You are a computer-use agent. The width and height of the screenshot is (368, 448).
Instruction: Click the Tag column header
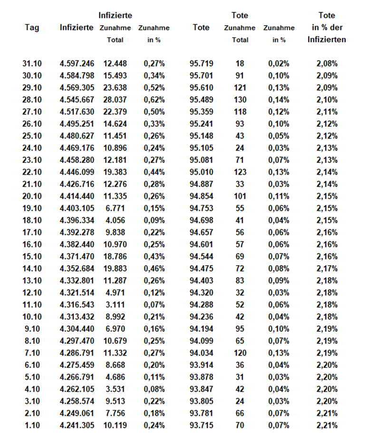[32, 28]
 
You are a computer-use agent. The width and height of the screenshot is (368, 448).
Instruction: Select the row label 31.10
[32, 64]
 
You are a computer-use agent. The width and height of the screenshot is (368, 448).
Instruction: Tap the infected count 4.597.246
[77, 64]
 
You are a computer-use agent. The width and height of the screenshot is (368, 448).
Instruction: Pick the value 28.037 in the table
[115, 100]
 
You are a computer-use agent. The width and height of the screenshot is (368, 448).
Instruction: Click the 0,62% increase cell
[154, 100]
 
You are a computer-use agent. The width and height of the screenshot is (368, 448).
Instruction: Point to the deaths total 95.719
[201, 64]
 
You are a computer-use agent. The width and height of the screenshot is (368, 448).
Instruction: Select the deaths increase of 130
[240, 100]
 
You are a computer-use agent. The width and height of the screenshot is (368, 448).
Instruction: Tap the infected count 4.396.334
[77, 221]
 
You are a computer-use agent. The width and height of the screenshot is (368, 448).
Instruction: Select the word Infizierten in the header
[327, 40]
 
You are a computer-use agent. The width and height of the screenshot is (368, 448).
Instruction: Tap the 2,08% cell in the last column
[327, 64]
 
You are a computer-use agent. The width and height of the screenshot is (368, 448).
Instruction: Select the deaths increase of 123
[240, 172]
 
